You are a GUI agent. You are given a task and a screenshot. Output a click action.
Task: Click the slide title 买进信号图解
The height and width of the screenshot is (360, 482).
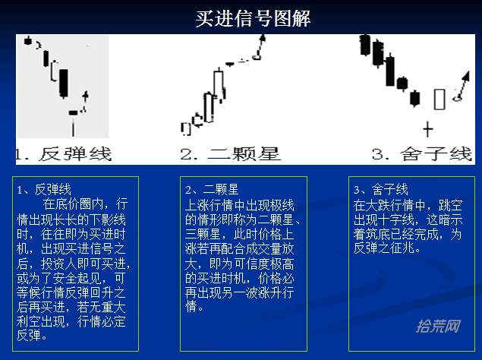pyautogui.click(x=253, y=18)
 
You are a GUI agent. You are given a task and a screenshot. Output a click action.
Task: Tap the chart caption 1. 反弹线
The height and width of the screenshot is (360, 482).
pyautogui.click(x=64, y=154)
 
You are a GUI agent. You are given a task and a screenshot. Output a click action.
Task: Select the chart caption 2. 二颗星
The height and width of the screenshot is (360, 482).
pyautogui.click(x=231, y=154)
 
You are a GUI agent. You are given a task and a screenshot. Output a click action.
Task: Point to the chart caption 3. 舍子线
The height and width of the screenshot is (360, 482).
pyautogui.click(x=422, y=154)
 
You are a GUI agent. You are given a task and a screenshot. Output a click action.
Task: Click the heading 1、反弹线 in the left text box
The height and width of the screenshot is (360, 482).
pyautogui.click(x=44, y=190)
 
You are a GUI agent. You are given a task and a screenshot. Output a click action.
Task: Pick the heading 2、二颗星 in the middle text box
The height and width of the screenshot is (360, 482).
pyautogui.click(x=212, y=190)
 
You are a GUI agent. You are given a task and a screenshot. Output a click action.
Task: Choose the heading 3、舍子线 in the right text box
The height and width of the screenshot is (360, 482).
pyautogui.click(x=381, y=190)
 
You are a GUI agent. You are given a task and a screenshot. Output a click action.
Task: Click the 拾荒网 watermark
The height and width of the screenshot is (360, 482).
pyautogui.click(x=438, y=326)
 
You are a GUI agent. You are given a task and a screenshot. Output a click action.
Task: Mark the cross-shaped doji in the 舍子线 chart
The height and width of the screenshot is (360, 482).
pyautogui.click(x=428, y=129)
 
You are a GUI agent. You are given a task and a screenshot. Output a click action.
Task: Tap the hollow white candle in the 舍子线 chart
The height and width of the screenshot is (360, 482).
pyautogui.click(x=439, y=99)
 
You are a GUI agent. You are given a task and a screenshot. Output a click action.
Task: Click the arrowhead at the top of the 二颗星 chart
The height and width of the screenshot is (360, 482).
pyautogui.click(x=263, y=38)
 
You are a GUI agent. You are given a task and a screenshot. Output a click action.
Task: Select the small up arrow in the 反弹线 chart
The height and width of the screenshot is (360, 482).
pyautogui.click(x=86, y=96)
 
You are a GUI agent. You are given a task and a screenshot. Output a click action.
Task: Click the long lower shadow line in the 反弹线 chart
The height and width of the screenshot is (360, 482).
pyautogui.click(x=73, y=128)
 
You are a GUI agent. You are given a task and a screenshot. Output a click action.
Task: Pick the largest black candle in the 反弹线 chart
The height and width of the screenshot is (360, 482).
pyautogui.click(x=64, y=84)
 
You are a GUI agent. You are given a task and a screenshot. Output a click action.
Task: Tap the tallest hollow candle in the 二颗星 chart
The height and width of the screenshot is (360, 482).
pyautogui.click(x=219, y=83)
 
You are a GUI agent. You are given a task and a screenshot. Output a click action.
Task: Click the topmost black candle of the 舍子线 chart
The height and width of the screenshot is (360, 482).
pyautogui.click(x=365, y=45)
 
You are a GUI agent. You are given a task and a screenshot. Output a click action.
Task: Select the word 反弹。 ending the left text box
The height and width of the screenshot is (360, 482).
pyautogui.click(x=32, y=336)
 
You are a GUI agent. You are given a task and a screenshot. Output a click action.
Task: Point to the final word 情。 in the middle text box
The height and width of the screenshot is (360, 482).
pyautogui.click(x=194, y=306)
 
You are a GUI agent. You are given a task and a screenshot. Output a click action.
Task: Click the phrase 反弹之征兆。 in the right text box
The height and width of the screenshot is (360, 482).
pyautogui.click(x=387, y=248)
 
